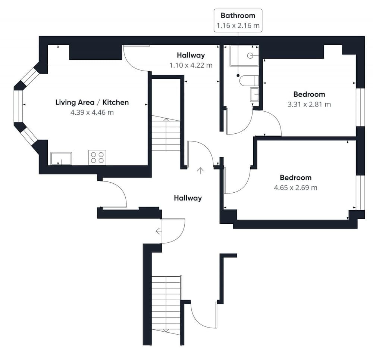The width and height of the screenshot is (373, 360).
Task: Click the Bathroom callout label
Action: click(238, 16)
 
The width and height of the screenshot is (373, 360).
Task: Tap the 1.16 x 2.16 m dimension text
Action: click(238, 26)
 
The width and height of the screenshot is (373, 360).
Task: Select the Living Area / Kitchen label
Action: click(92, 102)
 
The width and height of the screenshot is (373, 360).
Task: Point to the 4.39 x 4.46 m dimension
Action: click(92, 112)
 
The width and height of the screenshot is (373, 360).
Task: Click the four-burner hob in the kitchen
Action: click(97, 157)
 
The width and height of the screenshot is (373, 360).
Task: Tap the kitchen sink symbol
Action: click(61, 158)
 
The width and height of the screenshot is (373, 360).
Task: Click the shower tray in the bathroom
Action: click(244, 56)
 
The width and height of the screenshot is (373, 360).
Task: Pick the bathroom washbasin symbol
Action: click(254, 94)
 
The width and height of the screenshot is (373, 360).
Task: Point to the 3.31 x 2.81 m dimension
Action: click(309, 104)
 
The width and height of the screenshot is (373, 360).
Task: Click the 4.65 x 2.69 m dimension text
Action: click(295, 187)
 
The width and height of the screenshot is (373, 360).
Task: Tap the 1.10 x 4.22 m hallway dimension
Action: click(191, 65)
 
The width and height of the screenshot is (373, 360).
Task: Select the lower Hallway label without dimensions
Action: click(188, 198)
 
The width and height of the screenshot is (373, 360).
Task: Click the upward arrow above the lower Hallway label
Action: click(201, 171)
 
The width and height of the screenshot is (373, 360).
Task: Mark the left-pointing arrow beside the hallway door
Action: click(159, 231)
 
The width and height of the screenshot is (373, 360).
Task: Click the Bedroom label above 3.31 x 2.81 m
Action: click(309, 94)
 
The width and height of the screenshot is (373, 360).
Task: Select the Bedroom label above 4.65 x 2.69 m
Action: click(295, 177)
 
